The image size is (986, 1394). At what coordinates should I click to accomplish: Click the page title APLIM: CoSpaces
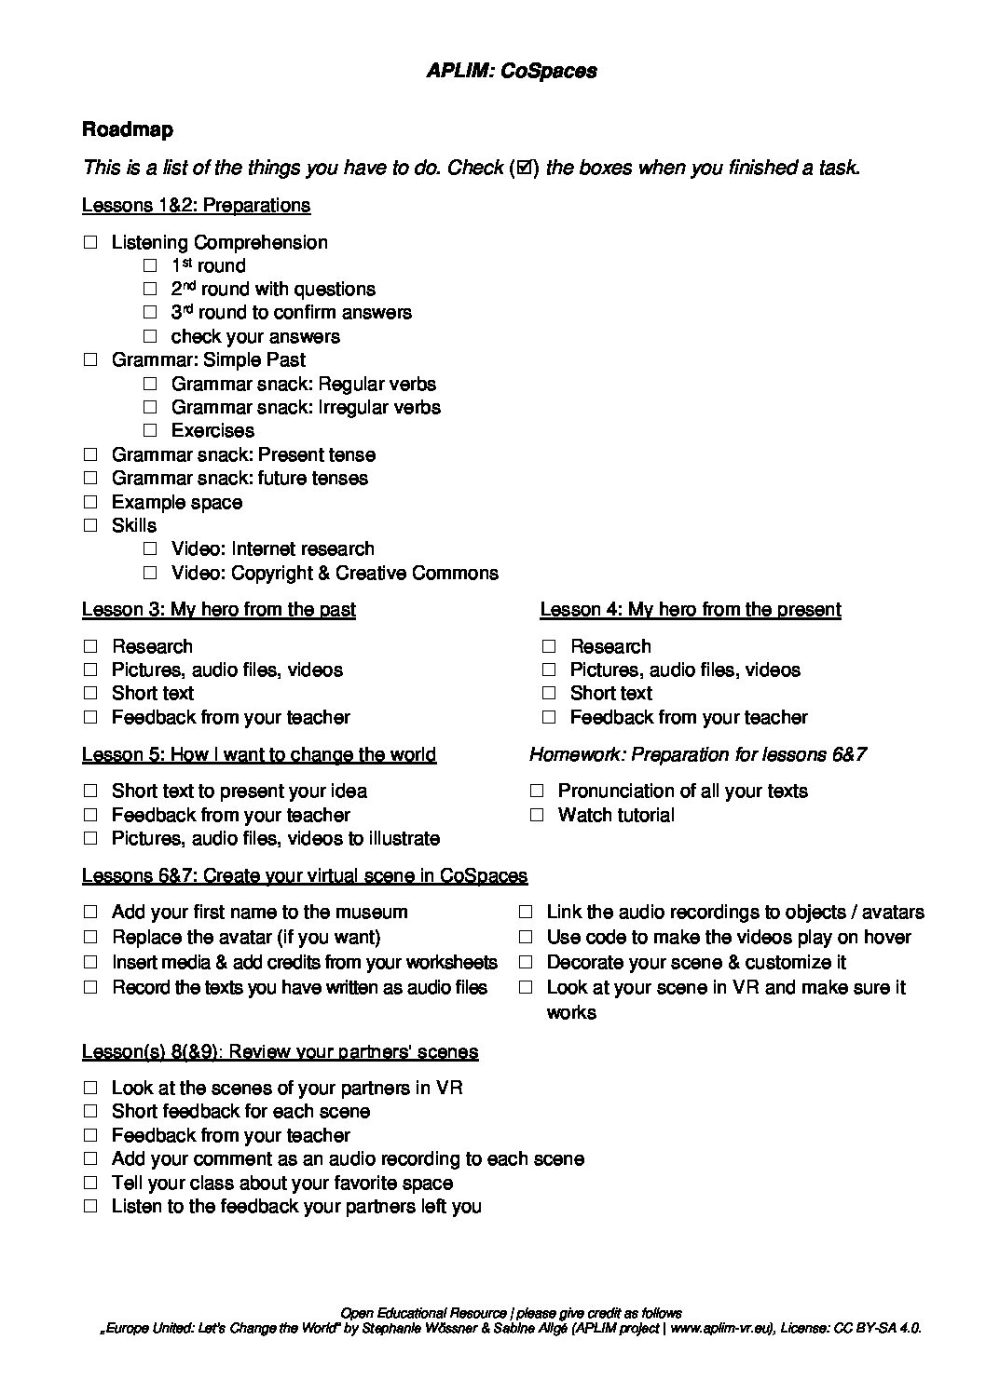tap(512, 71)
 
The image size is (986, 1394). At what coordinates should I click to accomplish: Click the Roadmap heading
tap(128, 129)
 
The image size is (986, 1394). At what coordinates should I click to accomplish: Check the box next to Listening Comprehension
tap(90, 243)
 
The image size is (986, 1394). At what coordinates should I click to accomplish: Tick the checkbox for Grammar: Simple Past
tap(90, 360)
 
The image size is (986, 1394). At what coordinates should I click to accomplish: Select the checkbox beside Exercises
tap(150, 431)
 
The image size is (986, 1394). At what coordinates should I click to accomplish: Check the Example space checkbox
tap(90, 503)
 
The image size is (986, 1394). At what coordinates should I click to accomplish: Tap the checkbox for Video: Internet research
tap(150, 549)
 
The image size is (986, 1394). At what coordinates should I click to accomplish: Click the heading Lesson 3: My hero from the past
tap(219, 610)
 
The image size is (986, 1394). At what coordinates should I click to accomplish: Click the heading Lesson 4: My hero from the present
tap(690, 610)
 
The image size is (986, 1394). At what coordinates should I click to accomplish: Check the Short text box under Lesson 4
tap(549, 694)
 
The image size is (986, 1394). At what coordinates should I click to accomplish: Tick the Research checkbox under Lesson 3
tap(90, 647)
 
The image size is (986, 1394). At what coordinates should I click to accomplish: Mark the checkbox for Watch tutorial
tap(537, 816)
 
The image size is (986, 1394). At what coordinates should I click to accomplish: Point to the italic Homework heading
tap(698, 754)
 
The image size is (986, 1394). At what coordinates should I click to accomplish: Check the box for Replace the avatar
tap(90, 938)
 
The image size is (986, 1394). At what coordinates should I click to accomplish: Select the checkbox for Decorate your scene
tap(526, 963)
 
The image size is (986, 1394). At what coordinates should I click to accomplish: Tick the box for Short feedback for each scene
tap(90, 1112)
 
